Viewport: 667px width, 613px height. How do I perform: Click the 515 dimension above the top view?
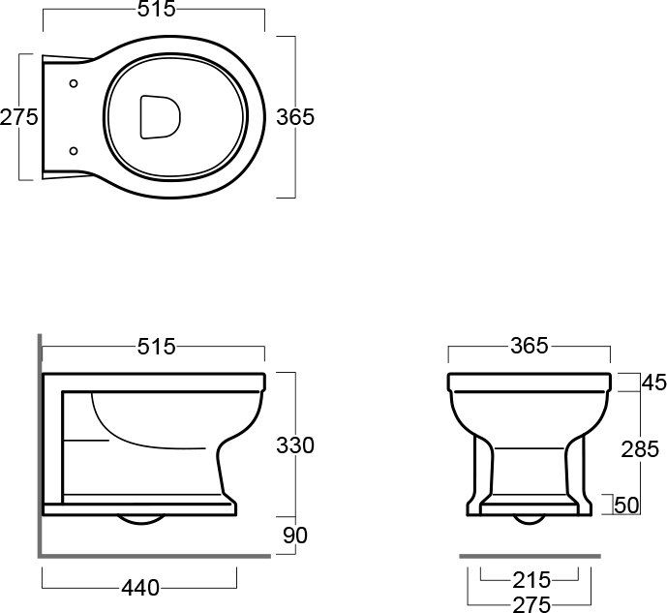pyautogui.click(x=156, y=9)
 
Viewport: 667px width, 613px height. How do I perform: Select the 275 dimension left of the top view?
pyautogui.click(x=19, y=117)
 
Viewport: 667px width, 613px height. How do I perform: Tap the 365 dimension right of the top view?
pyautogui.click(x=295, y=117)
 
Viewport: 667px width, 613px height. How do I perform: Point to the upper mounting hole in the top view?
pyautogui.click(x=74, y=83)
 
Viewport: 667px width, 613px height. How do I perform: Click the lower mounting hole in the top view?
pyautogui.click(x=74, y=151)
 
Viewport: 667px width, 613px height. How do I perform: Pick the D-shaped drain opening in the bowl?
pyautogui.click(x=160, y=117)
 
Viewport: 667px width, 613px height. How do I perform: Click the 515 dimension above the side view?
pyautogui.click(x=156, y=347)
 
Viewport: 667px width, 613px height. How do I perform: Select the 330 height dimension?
pyautogui.click(x=295, y=445)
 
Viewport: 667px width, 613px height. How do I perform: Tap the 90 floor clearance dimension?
pyautogui.click(x=295, y=536)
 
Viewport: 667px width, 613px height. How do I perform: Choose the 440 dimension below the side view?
pyautogui.click(x=140, y=589)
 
